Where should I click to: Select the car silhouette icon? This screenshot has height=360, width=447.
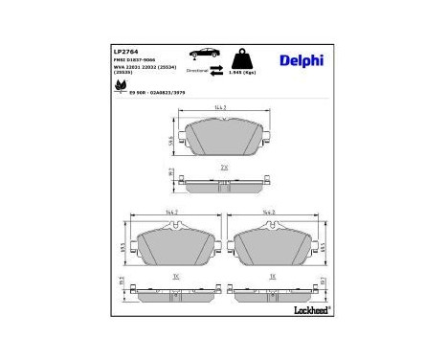[x=205, y=55]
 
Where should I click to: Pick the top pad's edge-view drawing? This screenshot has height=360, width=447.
[x=222, y=181]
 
